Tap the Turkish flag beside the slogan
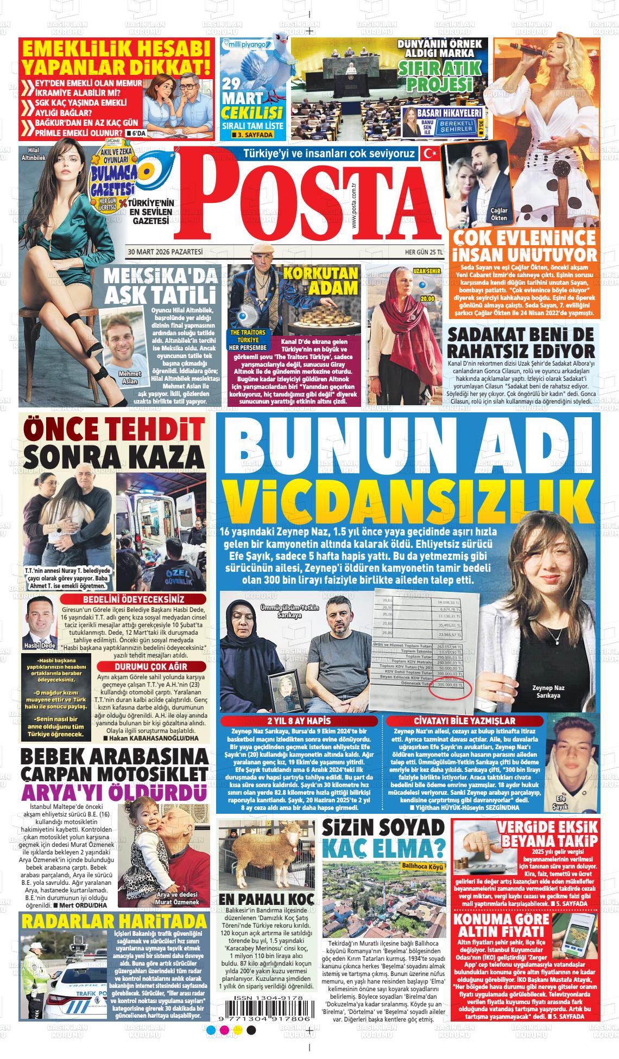(x=430, y=154)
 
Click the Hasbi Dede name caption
(x=40, y=646)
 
